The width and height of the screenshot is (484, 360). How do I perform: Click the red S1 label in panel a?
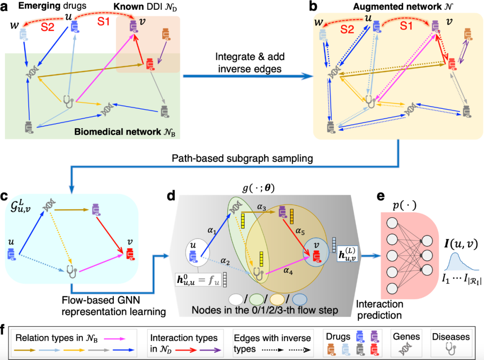pos(104,21)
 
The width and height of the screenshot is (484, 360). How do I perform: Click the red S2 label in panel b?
pos(347,29)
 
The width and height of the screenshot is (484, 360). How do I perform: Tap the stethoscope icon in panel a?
pos(68,101)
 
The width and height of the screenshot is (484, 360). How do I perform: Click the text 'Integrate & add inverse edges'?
pos(250,63)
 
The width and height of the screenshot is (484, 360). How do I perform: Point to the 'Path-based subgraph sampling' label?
pos(242,158)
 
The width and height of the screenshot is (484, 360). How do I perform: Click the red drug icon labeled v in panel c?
pos(130,254)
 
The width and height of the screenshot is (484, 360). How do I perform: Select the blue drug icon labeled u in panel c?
pos(11,254)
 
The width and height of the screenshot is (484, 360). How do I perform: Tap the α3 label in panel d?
pos(261,207)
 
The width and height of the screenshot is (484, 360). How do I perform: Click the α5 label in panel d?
pos(300,231)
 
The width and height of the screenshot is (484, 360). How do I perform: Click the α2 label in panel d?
pos(225,261)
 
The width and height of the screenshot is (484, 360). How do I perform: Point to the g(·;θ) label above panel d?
pos(259,188)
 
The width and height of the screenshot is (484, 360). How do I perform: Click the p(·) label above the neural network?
pos(404,205)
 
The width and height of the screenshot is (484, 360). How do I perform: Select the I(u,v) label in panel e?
pos(461,244)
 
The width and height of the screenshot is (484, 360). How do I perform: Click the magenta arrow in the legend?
pos(115,339)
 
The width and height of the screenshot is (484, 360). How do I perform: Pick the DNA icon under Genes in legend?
pos(406,349)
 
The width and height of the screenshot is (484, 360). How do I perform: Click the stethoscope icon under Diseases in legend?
pos(451,349)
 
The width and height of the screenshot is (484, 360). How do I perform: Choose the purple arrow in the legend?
pos(210,350)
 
